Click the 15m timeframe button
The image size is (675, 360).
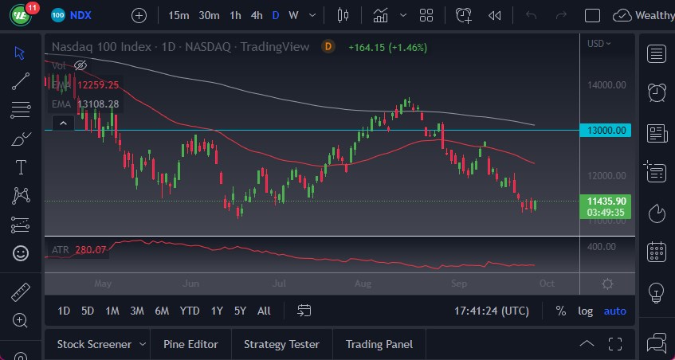(x=179, y=15)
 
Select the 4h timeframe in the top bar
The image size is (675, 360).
(x=256, y=15)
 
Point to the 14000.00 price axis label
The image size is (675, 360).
(x=606, y=85)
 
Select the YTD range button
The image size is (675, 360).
(x=190, y=311)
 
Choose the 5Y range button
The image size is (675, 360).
(x=240, y=311)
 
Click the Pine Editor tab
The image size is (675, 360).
(x=190, y=344)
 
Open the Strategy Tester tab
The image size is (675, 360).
(x=281, y=344)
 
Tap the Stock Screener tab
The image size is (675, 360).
(x=94, y=344)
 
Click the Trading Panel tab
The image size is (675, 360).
(x=379, y=344)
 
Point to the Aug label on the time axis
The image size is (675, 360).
(x=363, y=283)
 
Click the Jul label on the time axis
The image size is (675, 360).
(x=279, y=283)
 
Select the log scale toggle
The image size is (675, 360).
(x=585, y=311)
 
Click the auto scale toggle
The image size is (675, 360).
(x=614, y=311)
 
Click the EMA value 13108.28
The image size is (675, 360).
(x=97, y=104)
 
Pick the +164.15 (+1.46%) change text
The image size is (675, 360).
(x=387, y=47)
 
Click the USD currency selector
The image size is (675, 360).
(x=598, y=44)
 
